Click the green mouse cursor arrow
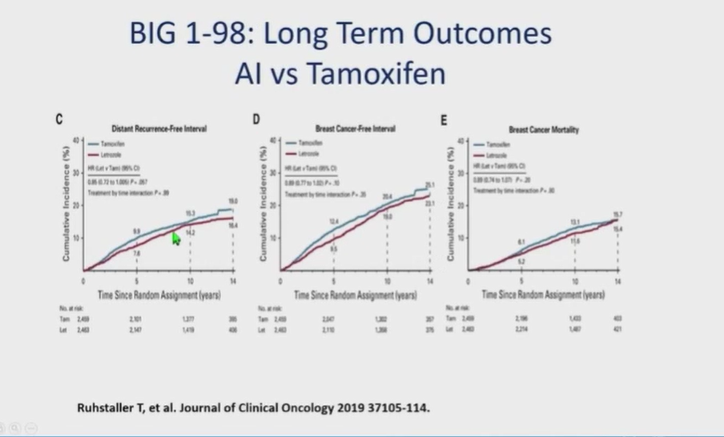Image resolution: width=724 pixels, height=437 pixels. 175,238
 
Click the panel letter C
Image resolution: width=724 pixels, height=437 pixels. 60,119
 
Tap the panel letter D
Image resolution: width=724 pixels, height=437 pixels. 256,119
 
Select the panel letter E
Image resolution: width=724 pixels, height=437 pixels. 444,119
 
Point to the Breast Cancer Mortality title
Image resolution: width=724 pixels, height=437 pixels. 543,129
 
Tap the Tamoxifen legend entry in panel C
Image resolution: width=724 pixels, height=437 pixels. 119,143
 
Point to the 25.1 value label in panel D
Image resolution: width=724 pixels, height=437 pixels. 429,186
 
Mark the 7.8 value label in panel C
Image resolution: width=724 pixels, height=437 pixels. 137,253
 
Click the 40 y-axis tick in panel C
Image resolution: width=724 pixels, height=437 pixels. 78,140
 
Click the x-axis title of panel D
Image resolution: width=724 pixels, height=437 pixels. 355,295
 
